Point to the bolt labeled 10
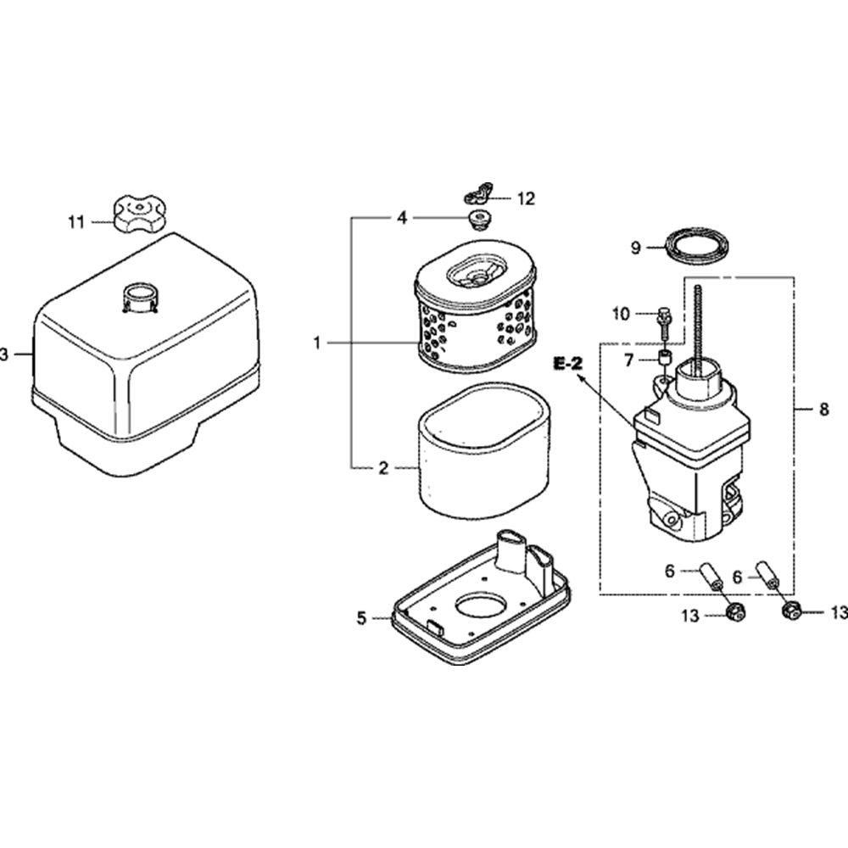(664, 319)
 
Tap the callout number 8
(824, 410)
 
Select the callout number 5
(362, 619)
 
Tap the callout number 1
(316, 343)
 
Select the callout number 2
(382, 467)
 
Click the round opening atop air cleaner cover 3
(142, 299)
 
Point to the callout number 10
(621, 315)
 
